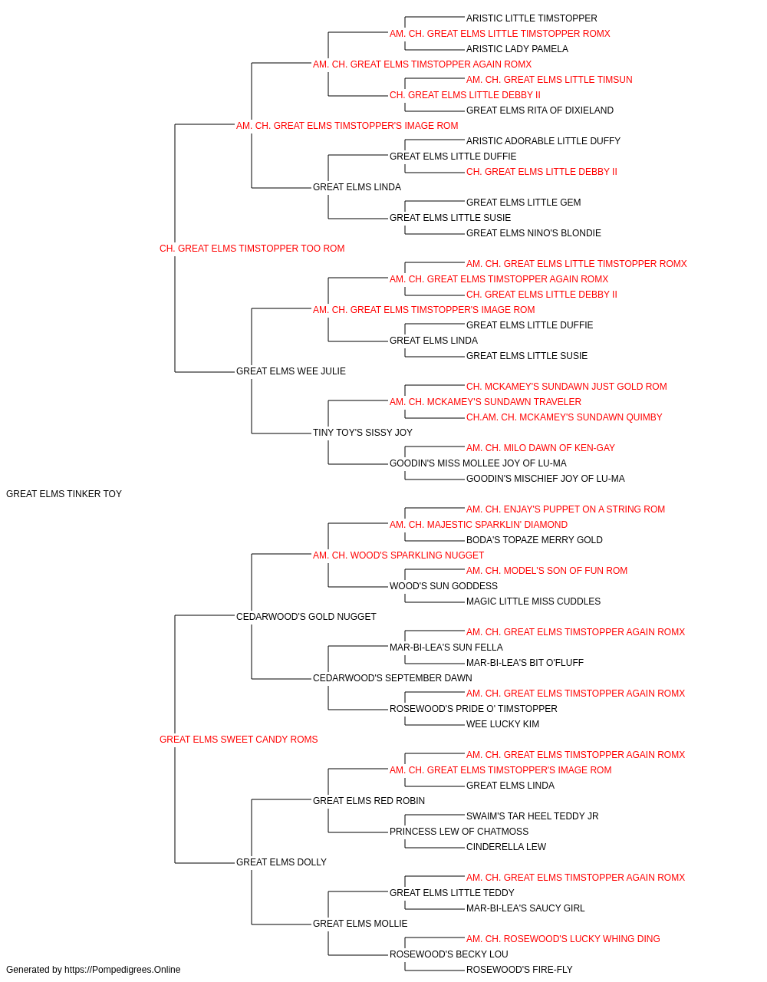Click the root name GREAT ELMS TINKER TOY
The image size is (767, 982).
click(64, 493)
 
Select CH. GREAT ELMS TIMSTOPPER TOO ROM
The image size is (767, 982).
click(252, 248)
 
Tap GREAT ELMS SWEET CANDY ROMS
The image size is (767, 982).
click(239, 739)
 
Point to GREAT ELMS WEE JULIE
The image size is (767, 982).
click(291, 371)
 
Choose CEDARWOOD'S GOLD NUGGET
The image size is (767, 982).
click(306, 616)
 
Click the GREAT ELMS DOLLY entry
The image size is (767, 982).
click(281, 862)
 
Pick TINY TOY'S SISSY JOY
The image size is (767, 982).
click(362, 433)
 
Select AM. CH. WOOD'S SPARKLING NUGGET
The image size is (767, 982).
click(398, 555)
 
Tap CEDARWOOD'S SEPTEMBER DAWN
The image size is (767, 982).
click(392, 678)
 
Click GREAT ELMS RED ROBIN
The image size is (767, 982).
click(369, 800)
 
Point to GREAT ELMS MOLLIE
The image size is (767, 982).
click(360, 923)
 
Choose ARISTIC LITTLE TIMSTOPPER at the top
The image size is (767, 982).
click(532, 18)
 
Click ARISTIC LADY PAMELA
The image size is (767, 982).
click(517, 49)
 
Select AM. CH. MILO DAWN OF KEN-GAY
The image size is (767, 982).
click(540, 448)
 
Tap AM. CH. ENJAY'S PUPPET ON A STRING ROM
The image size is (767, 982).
click(565, 509)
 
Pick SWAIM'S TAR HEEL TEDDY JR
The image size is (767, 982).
click(532, 816)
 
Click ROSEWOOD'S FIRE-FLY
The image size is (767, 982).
click(519, 970)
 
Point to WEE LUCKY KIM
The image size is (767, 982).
click(502, 724)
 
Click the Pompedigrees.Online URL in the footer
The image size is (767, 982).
click(122, 970)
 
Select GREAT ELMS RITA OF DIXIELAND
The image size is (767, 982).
click(539, 110)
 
